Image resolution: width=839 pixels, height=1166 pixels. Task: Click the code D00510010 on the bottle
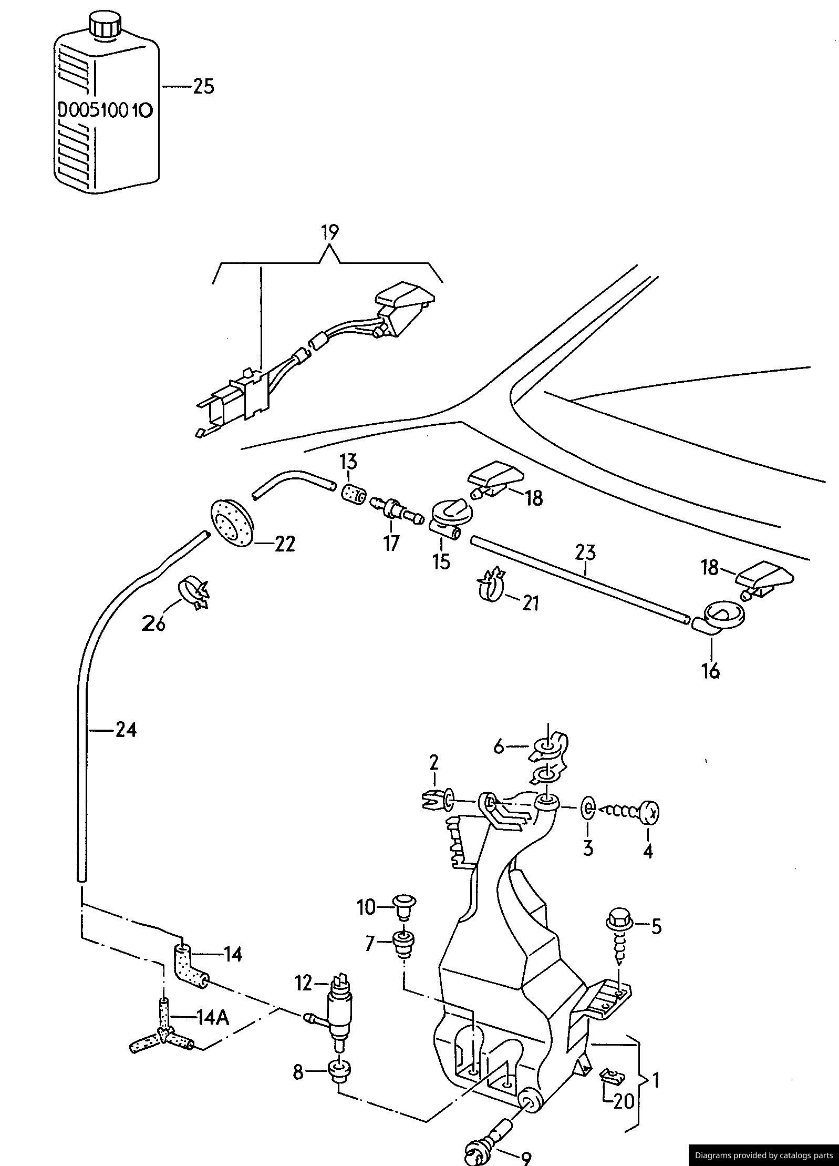[105, 111]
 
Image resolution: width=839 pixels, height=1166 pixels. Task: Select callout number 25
[203, 86]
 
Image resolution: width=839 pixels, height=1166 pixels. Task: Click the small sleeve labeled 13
[354, 494]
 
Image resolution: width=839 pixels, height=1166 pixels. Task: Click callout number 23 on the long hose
[585, 553]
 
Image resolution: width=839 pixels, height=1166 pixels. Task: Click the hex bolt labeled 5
[618, 932]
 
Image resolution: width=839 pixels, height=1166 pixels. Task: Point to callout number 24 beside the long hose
[126, 730]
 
